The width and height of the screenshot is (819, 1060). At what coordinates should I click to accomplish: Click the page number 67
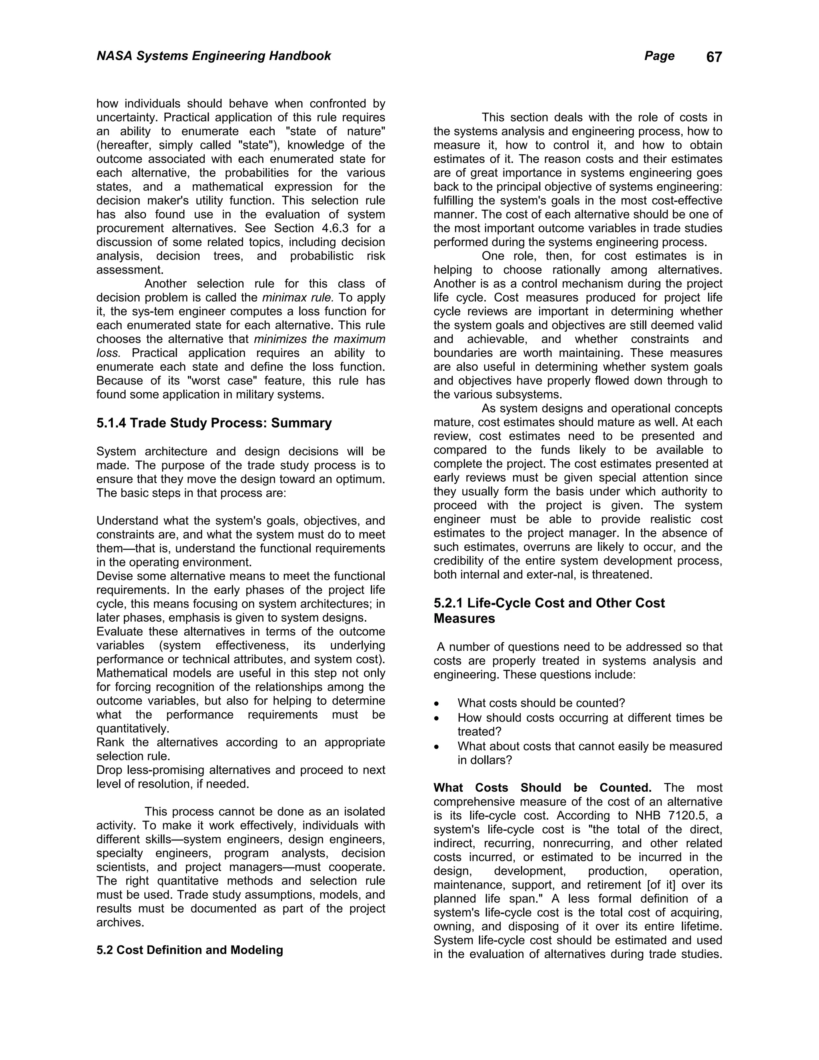[714, 57]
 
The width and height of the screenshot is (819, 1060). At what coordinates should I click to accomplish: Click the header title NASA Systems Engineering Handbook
[214, 56]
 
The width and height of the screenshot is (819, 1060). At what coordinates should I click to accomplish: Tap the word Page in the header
[659, 56]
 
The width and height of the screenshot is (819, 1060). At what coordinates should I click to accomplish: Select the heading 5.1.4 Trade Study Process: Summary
[214, 423]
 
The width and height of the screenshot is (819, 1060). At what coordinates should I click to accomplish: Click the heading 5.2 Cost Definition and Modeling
[190, 950]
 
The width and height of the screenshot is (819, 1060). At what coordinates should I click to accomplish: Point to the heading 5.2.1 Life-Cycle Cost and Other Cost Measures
[549, 610]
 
